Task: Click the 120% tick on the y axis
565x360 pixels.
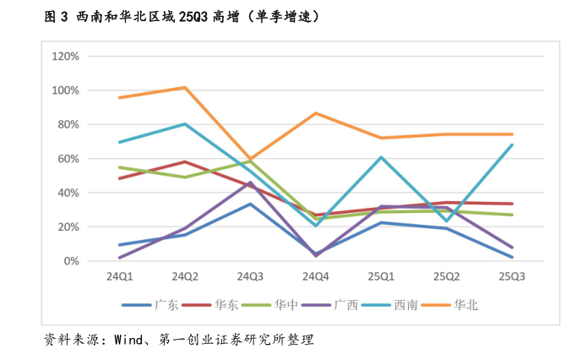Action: pyautogui.click(x=66, y=57)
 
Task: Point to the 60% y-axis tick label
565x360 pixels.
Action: pyautogui.click(x=68, y=159)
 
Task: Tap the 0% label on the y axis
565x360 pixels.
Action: pyautogui.click(x=71, y=261)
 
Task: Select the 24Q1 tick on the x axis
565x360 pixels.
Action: pyautogui.click(x=119, y=276)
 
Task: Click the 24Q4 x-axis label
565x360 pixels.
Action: pyautogui.click(x=316, y=276)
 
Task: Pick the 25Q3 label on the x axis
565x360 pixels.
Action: pyautogui.click(x=512, y=276)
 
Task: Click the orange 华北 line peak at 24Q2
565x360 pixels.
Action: pyautogui.click(x=185, y=87)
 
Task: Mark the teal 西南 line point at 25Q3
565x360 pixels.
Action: pyautogui.click(x=512, y=145)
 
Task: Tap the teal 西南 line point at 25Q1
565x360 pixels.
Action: pyautogui.click(x=381, y=157)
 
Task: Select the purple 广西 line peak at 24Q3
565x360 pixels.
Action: pyautogui.click(x=250, y=183)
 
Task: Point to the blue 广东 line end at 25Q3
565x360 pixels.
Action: pyautogui.click(x=512, y=257)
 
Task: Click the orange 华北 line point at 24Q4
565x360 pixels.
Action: pyautogui.click(x=316, y=113)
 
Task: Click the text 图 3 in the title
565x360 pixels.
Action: pyautogui.click(x=55, y=16)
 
